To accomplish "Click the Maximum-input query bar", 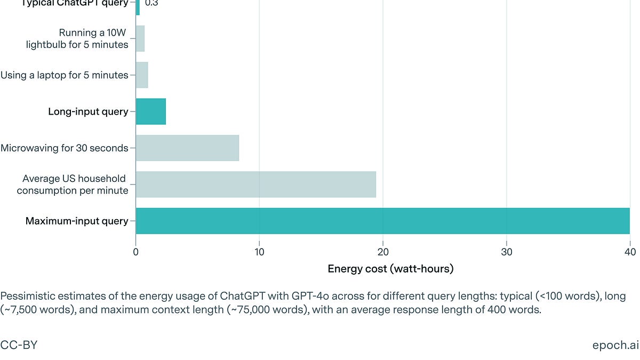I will tap(382, 221).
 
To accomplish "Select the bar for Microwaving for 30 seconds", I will tap(187, 148).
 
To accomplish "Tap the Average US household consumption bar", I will tap(256, 185).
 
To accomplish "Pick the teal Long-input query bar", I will tap(151, 111).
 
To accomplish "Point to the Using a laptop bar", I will tap(142, 75).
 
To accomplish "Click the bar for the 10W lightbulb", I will tap(140, 39).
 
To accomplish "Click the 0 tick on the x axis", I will tap(136, 251).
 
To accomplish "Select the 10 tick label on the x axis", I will tap(259, 251).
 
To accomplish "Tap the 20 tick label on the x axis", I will tap(383, 251).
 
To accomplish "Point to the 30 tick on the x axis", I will tap(506, 251).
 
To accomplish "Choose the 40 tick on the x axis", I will tap(629, 251).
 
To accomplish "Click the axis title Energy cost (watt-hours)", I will tap(390, 269).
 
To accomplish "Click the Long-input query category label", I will tap(88, 111).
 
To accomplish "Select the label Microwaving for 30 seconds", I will tap(65, 148).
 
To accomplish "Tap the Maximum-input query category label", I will tap(77, 221).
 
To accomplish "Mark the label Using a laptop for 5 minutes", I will tap(65, 75).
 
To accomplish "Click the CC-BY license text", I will tap(19, 345).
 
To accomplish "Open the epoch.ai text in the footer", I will tap(615, 345).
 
